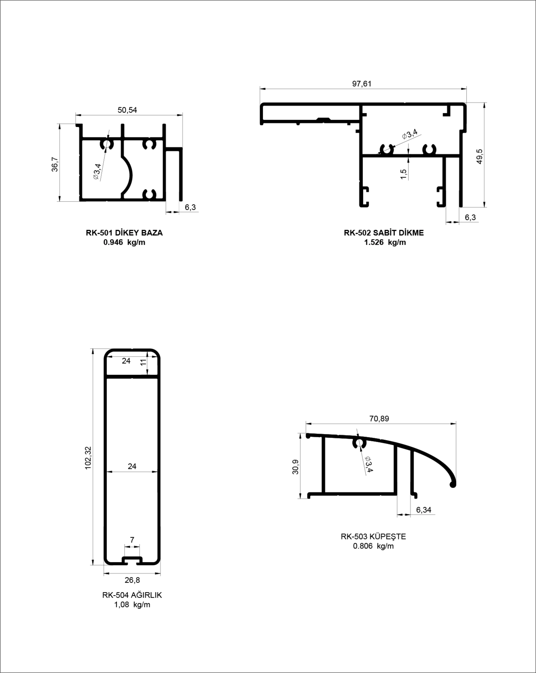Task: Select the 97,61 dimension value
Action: pyautogui.click(x=362, y=84)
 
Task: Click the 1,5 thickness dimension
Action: pyautogui.click(x=403, y=174)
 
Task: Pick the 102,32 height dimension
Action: pyautogui.click(x=88, y=458)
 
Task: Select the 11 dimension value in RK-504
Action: pyautogui.click(x=143, y=362)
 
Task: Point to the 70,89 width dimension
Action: pyautogui.click(x=379, y=419)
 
